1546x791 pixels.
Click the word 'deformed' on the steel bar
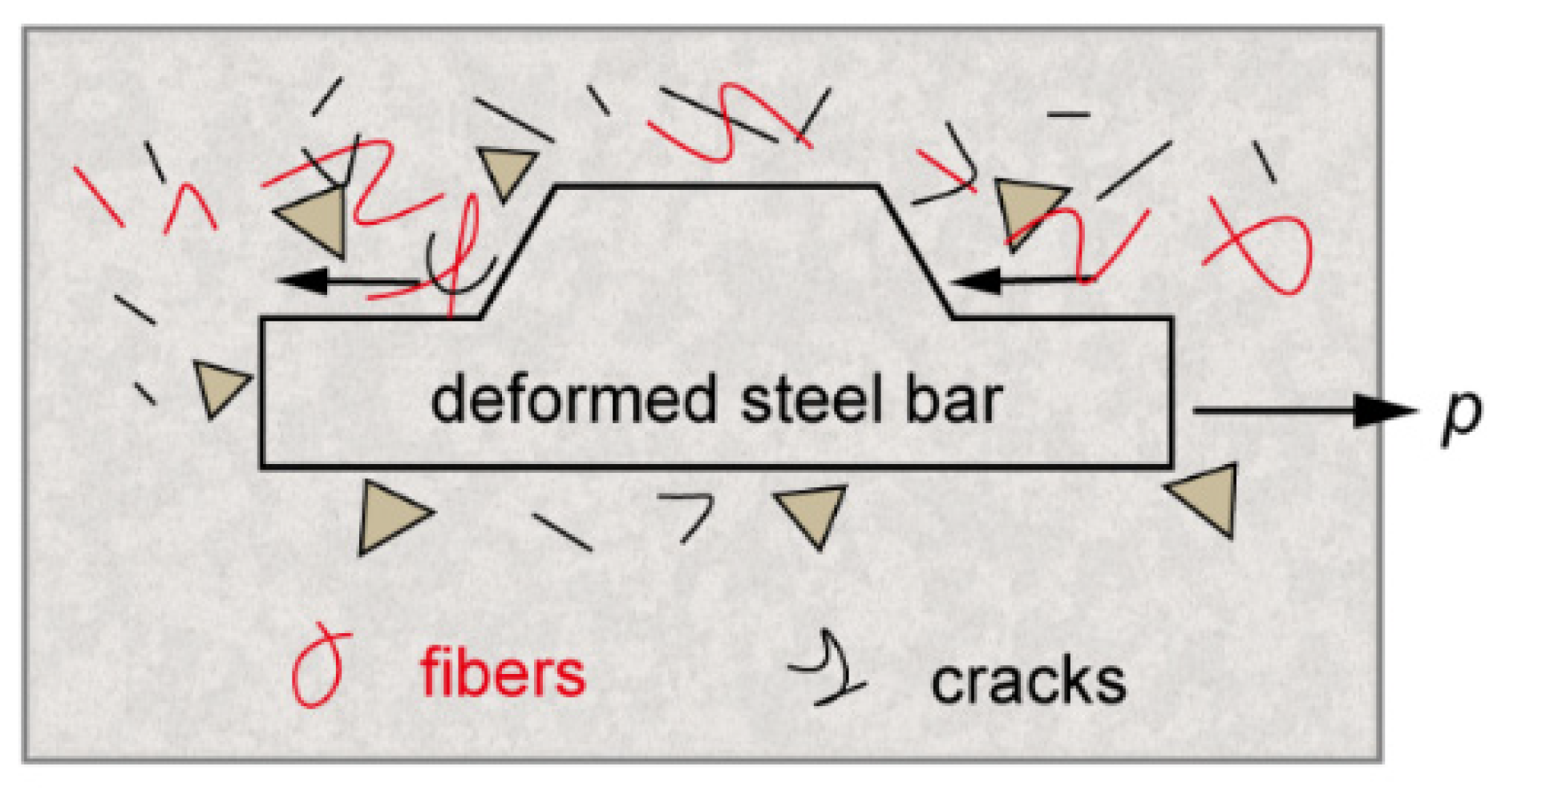[x=573, y=400]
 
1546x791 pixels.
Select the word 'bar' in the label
[x=953, y=400]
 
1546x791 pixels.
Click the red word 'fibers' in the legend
[x=503, y=673]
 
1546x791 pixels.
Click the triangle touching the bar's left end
[x=218, y=386]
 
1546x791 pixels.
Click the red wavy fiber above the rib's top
[x=726, y=124]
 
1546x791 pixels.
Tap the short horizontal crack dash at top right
[x=1068, y=115]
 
